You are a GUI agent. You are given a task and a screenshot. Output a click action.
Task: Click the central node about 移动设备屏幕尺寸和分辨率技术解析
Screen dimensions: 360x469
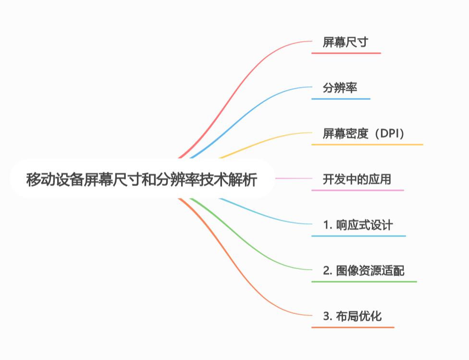142,180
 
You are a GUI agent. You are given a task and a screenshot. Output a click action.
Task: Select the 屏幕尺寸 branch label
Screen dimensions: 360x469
346,42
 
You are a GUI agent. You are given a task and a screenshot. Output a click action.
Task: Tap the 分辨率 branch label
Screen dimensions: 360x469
340,87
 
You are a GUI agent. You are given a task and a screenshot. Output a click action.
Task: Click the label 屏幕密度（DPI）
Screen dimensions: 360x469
364,134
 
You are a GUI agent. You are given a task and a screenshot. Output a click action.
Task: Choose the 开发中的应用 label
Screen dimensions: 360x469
357,180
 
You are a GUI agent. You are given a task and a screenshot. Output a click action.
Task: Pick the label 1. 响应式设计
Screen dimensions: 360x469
358,225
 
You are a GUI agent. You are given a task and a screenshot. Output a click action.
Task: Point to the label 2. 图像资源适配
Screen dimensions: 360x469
364,271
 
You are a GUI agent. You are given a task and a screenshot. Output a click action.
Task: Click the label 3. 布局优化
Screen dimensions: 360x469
353,316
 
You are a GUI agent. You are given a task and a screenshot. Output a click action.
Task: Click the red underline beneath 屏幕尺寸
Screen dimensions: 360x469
346,53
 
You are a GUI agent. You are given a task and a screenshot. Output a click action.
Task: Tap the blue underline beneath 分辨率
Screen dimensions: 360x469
341,99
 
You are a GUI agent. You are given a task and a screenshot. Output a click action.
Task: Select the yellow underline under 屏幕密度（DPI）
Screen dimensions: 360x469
367,144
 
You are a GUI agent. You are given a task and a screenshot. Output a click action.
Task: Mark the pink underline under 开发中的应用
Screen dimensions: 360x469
358,190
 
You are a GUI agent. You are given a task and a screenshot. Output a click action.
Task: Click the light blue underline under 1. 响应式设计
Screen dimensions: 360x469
358,236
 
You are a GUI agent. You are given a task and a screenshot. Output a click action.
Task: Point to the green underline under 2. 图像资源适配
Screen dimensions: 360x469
364,281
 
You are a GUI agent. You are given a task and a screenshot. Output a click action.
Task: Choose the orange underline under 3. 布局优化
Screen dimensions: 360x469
353,327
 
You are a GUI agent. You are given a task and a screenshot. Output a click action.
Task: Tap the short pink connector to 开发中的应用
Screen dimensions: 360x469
293,178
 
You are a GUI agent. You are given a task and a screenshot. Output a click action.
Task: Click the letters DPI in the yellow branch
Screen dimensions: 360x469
390,134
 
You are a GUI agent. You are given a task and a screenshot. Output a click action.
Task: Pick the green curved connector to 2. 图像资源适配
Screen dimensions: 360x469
250,245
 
